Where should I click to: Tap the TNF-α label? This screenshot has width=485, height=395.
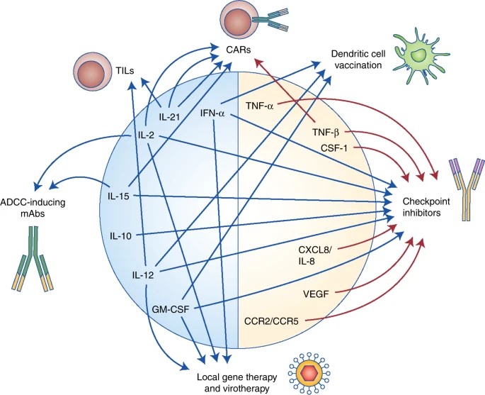coord(261,105)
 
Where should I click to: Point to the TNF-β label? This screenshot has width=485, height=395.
coord(327,132)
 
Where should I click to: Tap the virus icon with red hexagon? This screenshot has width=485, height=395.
coord(309,371)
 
